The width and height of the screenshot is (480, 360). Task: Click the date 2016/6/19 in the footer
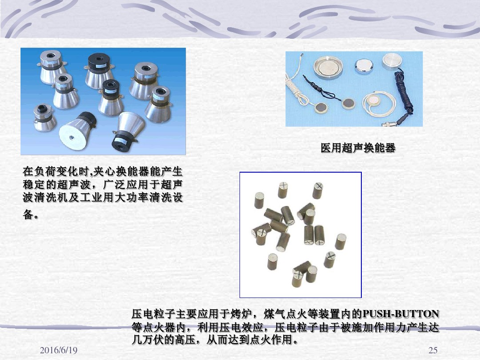pyautogui.click(x=58, y=350)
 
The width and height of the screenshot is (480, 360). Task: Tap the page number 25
pyautogui.click(x=433, y=350)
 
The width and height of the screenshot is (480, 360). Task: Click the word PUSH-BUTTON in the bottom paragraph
pyautogui.click(x=401, y=314)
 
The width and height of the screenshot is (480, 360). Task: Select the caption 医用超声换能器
pyautogui.click(x=358, y=148)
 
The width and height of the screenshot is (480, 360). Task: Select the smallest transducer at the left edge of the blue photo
pyautogui.click(x=45, y=117)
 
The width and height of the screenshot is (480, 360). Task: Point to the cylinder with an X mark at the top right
pyautogui.click(x=318, y=190)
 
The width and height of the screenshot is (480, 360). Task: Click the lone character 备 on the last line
pyautogui.click(x=28, y=214)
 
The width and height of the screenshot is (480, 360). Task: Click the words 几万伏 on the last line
pyautogui.click(x=148, y=340)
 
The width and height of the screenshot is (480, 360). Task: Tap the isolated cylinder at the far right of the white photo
pyautogui.click(x=340, y=241)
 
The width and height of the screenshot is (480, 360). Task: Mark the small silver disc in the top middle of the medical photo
pyautogui.click(x=364, y=65)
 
